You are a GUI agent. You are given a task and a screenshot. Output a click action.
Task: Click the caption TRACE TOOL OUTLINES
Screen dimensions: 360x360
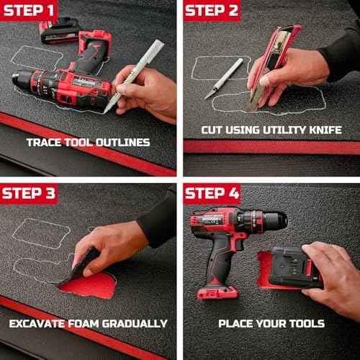88,142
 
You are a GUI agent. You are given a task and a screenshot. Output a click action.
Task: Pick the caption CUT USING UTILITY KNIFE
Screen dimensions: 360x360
271,130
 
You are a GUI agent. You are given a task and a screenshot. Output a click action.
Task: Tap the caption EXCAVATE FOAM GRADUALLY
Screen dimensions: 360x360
88,323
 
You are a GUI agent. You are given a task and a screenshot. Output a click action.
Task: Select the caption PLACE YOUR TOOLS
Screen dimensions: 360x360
271,323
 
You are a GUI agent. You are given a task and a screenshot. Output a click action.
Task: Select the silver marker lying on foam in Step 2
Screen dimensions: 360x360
224,78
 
